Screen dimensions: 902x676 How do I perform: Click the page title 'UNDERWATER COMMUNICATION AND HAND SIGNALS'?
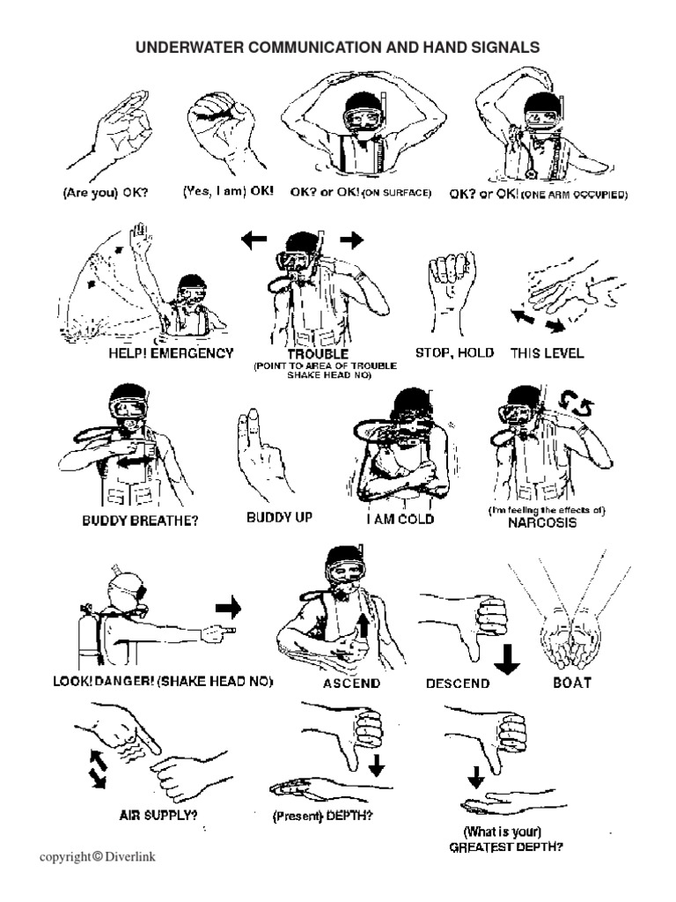tap(337, 47)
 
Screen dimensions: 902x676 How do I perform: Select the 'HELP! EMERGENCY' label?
tap(171, 353)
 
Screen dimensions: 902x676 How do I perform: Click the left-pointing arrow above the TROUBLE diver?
tap(254, 239)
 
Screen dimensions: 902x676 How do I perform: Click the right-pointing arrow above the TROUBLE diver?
tap(351, 239)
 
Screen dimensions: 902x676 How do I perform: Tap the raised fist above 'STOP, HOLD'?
tap(450, 284)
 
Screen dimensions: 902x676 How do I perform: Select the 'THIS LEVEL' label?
tap(547, 353)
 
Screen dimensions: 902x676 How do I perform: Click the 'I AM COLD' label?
tap(400, 519)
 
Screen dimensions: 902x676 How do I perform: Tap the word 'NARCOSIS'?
tap(542, 522)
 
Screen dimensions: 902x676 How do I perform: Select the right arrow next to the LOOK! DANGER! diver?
tap(228, 607)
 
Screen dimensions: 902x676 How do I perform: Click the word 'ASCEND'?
tap(351, 683)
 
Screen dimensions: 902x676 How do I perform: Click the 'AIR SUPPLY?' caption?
tap(158, 815)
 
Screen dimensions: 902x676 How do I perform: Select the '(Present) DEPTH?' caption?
tap(321, 816)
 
